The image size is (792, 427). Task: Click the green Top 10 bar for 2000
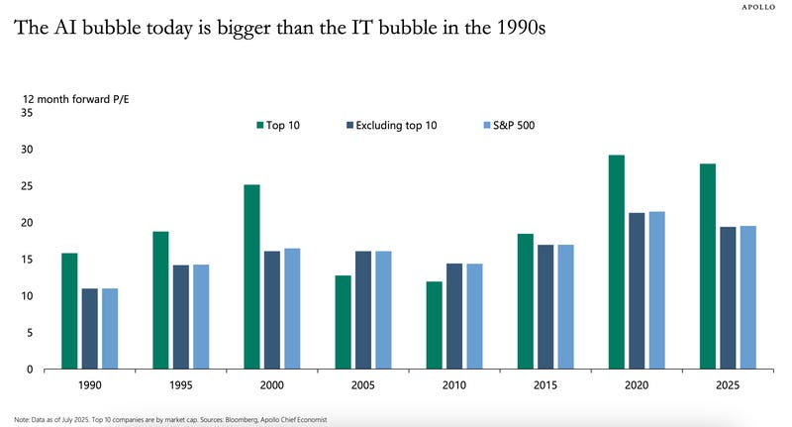click(251, 276)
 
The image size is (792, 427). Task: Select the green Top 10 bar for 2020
click(616, 262)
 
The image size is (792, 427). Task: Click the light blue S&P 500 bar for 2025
click(748, 297)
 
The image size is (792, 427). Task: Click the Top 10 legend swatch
click(259, 125)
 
